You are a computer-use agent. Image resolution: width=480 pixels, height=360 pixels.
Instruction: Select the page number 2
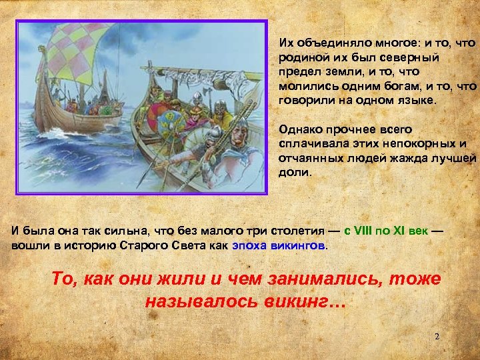pos(437,337)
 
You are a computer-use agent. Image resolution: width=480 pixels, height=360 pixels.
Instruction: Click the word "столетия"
pos(297,231)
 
